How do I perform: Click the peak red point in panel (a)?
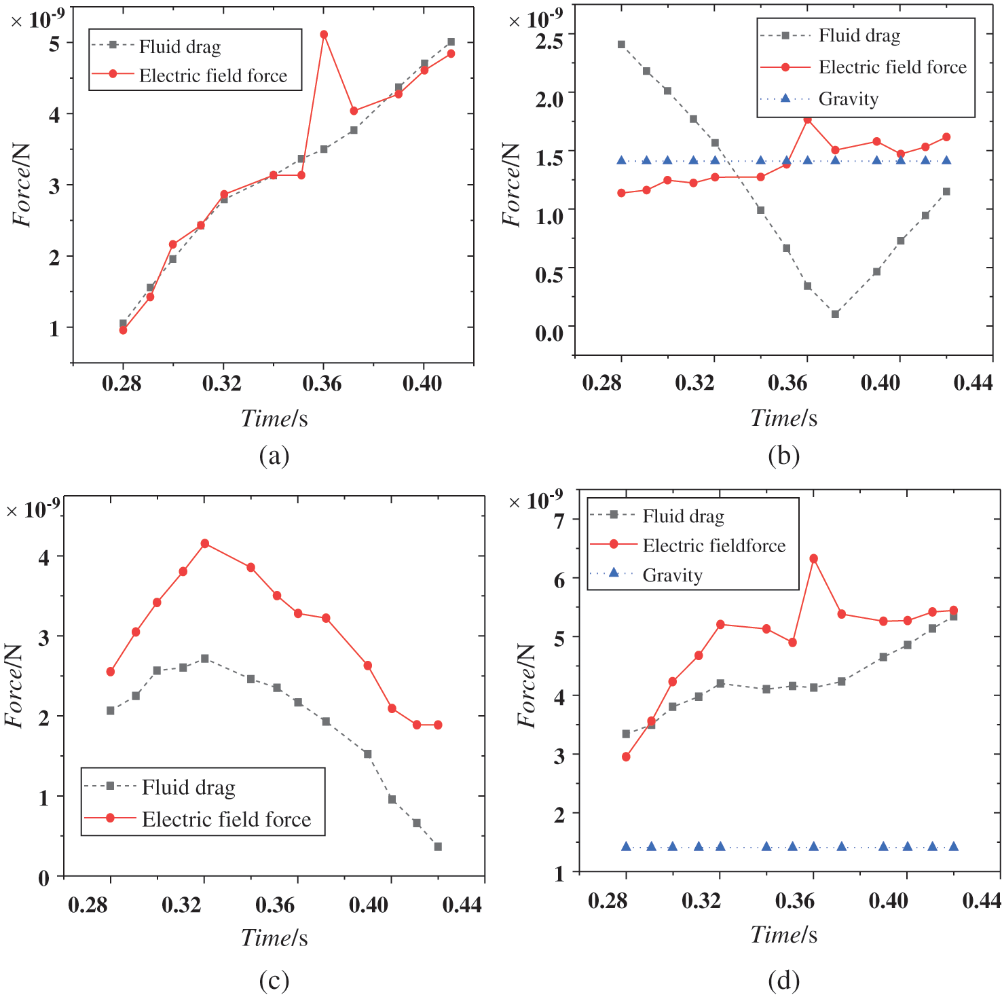click(324, 35)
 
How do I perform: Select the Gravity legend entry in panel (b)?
click(848, 99)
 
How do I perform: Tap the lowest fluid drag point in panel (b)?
click(835, 314)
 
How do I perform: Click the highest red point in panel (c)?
click(204, 543)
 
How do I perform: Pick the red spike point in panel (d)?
click(813, 558)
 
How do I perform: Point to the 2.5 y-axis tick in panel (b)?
click(549, 41)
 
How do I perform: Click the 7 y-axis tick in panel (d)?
click(559, 521)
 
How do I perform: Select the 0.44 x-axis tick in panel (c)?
click(462, 904)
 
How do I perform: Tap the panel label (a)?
click(274, 455)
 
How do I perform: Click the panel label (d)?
click(783, 979)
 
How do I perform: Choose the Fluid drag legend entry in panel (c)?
click(188, 787)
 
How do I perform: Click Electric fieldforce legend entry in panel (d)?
click(713, 545)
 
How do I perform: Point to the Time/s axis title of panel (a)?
click(274, 418)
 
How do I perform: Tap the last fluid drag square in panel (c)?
click(438, 847)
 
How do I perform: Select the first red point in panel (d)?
click(626, 757)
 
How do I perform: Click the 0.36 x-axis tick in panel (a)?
click(322, 384)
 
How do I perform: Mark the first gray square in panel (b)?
click(621, 45)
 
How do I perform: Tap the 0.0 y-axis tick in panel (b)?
click(549, 333)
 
